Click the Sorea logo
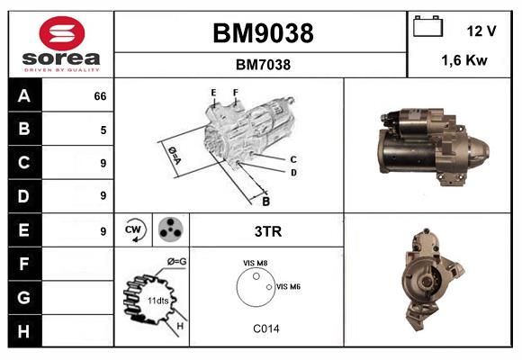pos(61,45)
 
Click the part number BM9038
pos(263,34)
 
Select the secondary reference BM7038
pos(263,65)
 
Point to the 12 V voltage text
pos(482,31)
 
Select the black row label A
pos(23,96)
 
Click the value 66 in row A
pos(100,96)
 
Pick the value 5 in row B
pos(103,130)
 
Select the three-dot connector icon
pos(168,230)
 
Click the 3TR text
pos(268,231)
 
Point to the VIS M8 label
pos(255,263)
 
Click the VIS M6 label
pos(288,286)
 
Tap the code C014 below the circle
pos(266,328)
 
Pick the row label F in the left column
pos(23,264)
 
